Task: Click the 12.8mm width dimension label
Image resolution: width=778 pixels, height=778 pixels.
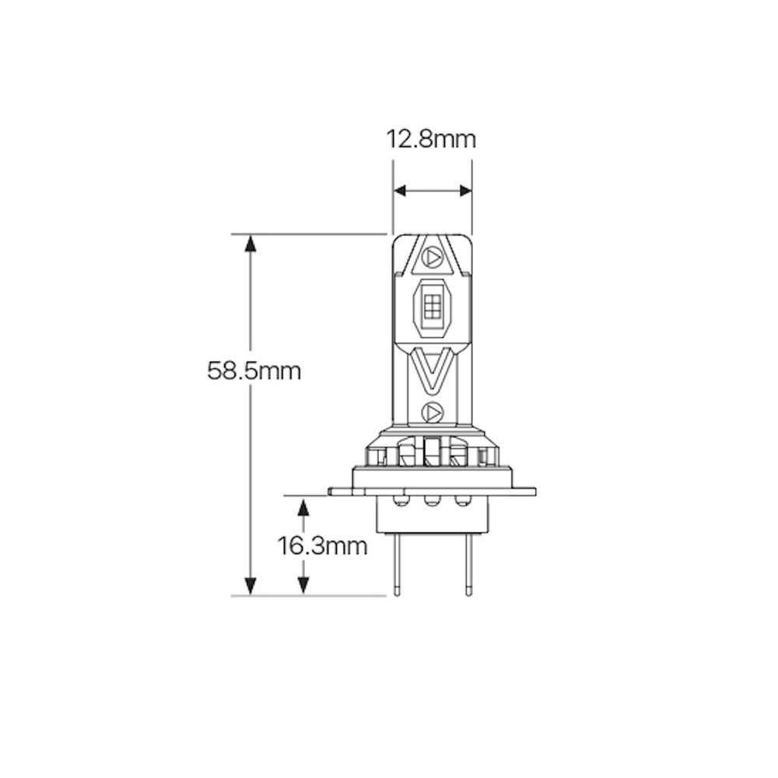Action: tap(431, 140)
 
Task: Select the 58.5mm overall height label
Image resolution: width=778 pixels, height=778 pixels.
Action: tap(254, 370)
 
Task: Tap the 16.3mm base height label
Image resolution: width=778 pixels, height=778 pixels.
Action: tap(322, 546)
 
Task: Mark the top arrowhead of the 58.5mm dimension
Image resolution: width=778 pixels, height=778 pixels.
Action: tap(250, 244)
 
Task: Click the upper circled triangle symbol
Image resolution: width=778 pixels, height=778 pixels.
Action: tap(433, 255)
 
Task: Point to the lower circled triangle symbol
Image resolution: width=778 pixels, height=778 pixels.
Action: tap(432, 411)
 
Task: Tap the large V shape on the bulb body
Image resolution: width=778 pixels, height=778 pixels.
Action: tap(432, 370)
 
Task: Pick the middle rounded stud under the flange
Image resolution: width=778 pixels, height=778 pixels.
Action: tap(432, 500)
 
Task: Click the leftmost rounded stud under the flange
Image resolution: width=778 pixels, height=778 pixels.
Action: tap(400, 500)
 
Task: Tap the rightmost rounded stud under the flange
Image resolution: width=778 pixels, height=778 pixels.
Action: tap(464, 500)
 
